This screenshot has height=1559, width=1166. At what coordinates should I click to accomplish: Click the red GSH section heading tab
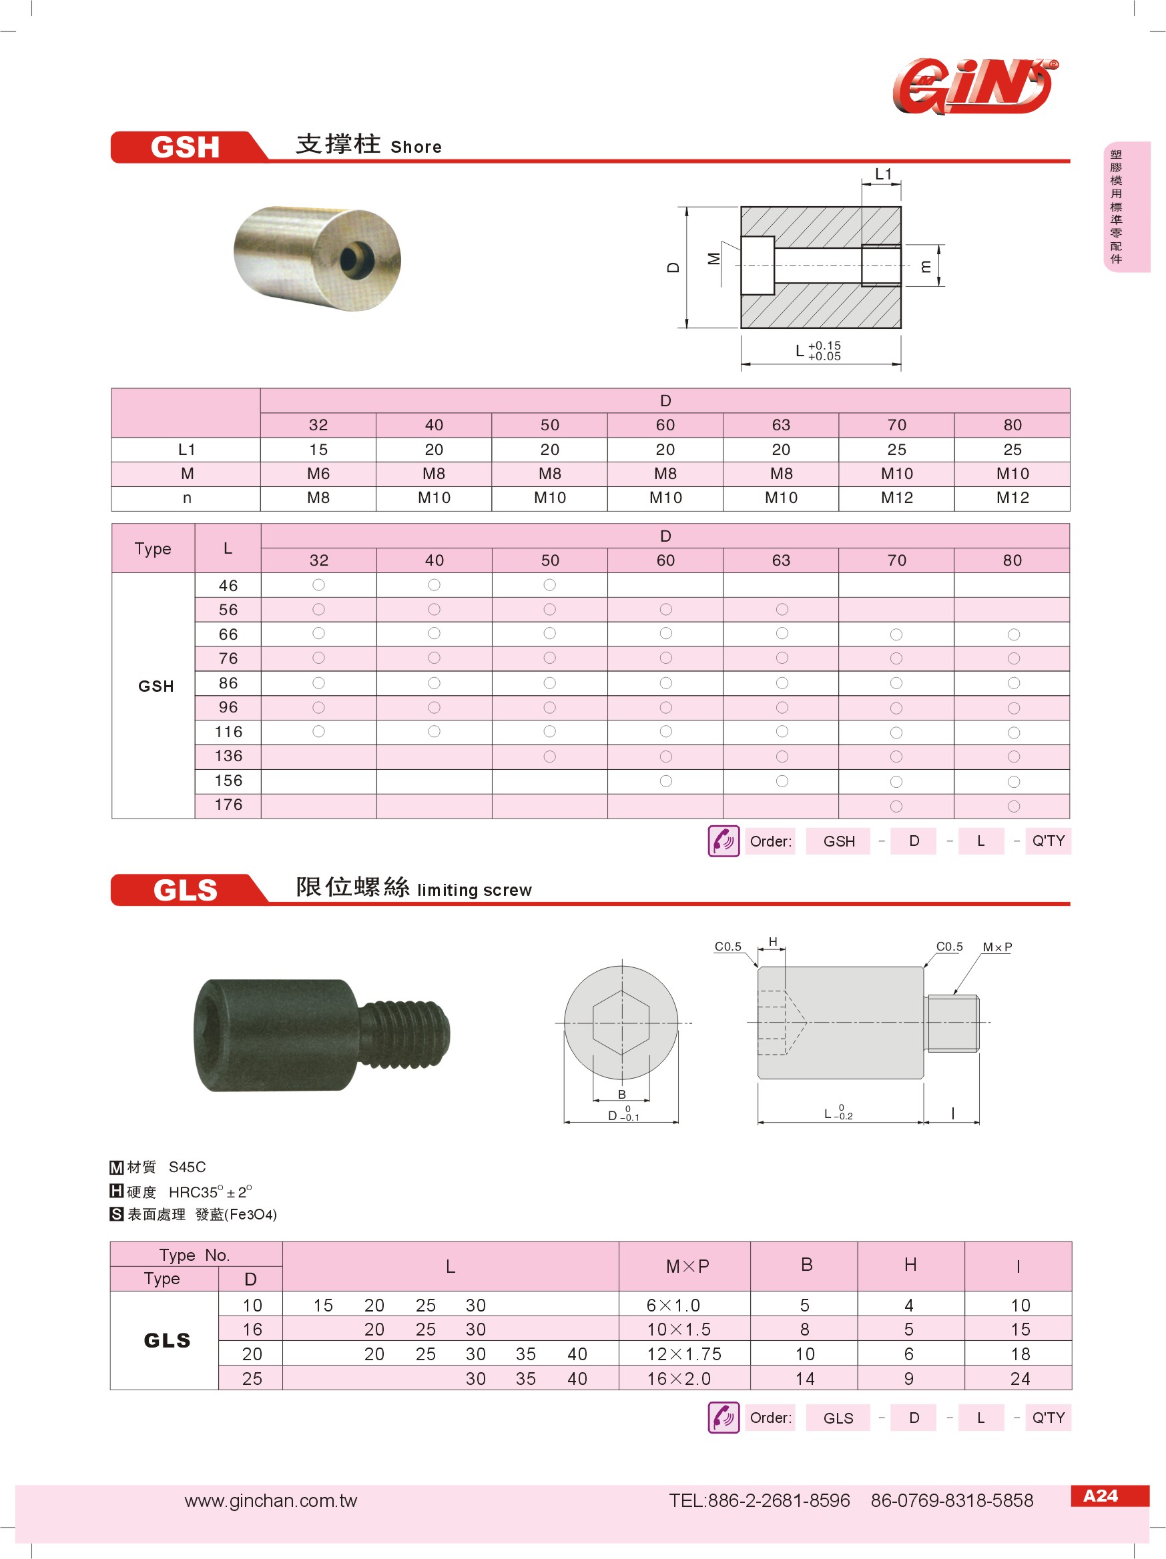coord(185,147)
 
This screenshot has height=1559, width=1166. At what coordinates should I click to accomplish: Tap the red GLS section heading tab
coord(185,889)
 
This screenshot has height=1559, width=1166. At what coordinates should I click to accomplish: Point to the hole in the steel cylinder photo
coord(354,259)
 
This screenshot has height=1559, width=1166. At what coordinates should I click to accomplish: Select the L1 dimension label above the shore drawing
coord(882,174)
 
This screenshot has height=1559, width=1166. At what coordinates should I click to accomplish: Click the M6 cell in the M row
coord(318,474)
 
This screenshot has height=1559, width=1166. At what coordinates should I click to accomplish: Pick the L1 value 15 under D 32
coord(318,450)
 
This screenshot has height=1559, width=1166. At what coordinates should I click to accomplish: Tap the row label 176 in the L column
coord(228,805)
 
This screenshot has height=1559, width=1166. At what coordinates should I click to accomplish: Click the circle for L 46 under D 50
coord(550,585)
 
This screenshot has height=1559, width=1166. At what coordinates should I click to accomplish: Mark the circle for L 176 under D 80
coord(1013,807)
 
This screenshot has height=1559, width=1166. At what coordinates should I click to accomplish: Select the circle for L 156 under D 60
coord(665,781)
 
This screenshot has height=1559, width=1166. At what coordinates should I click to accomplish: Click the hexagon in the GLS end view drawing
coord(621,1023)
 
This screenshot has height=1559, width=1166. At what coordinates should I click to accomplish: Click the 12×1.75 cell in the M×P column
coord(684,1354)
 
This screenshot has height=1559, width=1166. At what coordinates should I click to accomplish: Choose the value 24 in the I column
coord(1019,1379)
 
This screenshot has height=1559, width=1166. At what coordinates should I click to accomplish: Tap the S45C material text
coord(187,1167)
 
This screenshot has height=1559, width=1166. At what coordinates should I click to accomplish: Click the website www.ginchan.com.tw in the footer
coord(271,1500)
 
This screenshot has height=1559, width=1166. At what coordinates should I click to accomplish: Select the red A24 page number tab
coord(1100,1496)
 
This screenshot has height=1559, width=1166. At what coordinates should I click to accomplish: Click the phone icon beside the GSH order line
coord(723,841)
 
